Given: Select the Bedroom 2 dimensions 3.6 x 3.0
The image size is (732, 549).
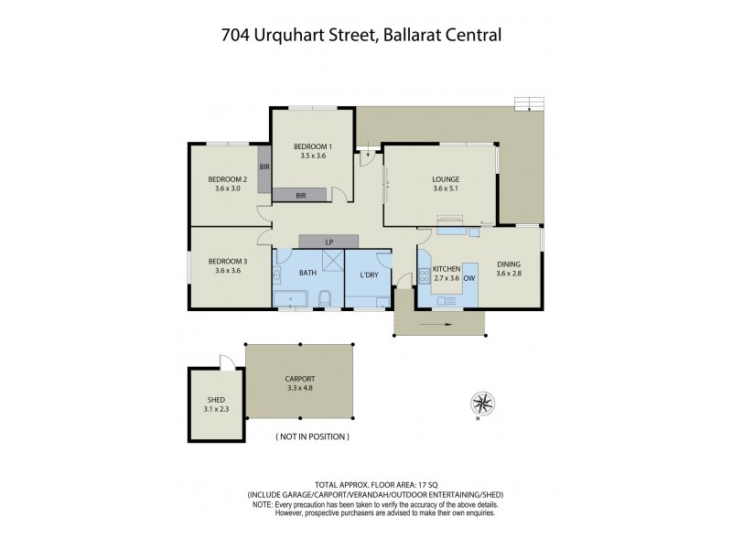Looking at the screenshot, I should coord(226,188).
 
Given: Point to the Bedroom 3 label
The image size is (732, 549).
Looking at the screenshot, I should coord(226,261).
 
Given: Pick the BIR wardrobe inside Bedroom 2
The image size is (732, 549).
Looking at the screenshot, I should coord(264,167).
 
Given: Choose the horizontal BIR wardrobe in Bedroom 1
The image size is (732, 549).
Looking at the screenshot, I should coord(301,195).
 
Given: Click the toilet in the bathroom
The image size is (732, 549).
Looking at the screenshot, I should coord(325,298).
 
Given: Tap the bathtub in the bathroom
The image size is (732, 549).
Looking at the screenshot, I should coord(291,298).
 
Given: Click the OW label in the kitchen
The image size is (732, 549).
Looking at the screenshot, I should coord(470,277).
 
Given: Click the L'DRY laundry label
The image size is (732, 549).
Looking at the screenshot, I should coord(369,274).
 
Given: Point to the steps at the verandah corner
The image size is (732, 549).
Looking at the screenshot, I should coord(528,103).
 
